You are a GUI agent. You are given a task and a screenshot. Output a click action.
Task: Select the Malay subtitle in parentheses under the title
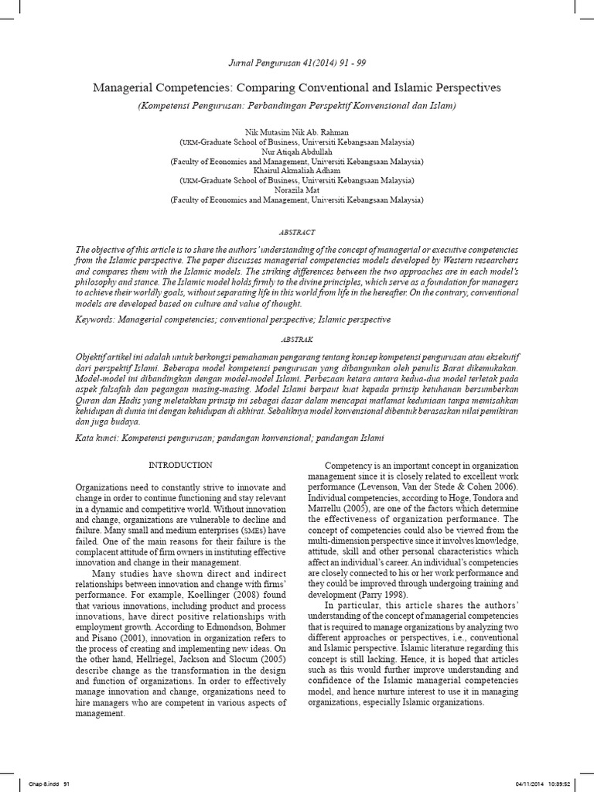point(297,104)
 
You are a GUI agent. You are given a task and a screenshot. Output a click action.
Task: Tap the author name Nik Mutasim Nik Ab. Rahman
point(297,134)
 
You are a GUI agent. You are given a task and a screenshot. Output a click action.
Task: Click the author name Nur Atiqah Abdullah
point(297,152)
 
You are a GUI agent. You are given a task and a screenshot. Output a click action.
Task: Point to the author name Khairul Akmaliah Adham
point(297,171)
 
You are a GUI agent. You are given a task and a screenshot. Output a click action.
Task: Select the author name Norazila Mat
point(297,189)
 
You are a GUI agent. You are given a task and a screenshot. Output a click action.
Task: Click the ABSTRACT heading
point(297,232)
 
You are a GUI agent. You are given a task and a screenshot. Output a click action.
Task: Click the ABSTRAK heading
point(297,339)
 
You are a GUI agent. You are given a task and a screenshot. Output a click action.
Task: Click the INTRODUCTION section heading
point(180,465)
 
